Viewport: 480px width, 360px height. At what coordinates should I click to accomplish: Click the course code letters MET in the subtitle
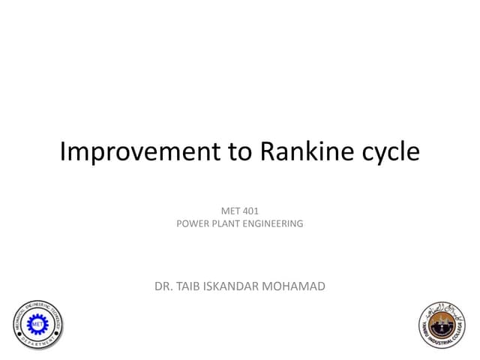(224, 211)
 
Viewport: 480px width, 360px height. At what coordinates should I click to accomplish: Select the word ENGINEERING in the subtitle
(275, 223)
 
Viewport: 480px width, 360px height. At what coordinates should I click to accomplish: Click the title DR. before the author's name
(163, 285)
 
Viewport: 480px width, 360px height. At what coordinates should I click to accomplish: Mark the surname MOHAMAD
(298, 285)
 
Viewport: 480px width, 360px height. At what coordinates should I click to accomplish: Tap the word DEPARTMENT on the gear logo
(37, 344)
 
